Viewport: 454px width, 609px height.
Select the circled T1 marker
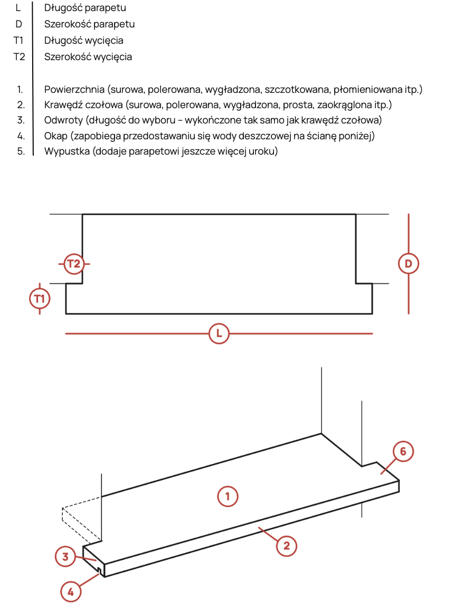tap(40, 298)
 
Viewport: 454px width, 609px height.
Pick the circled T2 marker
tap(74, 263)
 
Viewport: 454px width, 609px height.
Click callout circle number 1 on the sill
tap(228, 496)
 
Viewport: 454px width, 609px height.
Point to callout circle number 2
tap(287, 546)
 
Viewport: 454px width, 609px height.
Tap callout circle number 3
tap(65, 556)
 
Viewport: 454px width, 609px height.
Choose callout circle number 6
tap(403, 452)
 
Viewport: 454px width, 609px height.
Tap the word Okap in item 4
tap(55, 136)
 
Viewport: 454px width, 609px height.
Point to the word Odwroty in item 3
tap(63, 120)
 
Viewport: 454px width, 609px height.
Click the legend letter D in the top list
tap(19, 24)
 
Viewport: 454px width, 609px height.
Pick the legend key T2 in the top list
tap(19, 56)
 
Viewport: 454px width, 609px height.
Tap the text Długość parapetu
tap(85, 8)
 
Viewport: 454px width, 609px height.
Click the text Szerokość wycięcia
tap(88, 56)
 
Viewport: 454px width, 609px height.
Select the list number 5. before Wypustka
tap(21, 152)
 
